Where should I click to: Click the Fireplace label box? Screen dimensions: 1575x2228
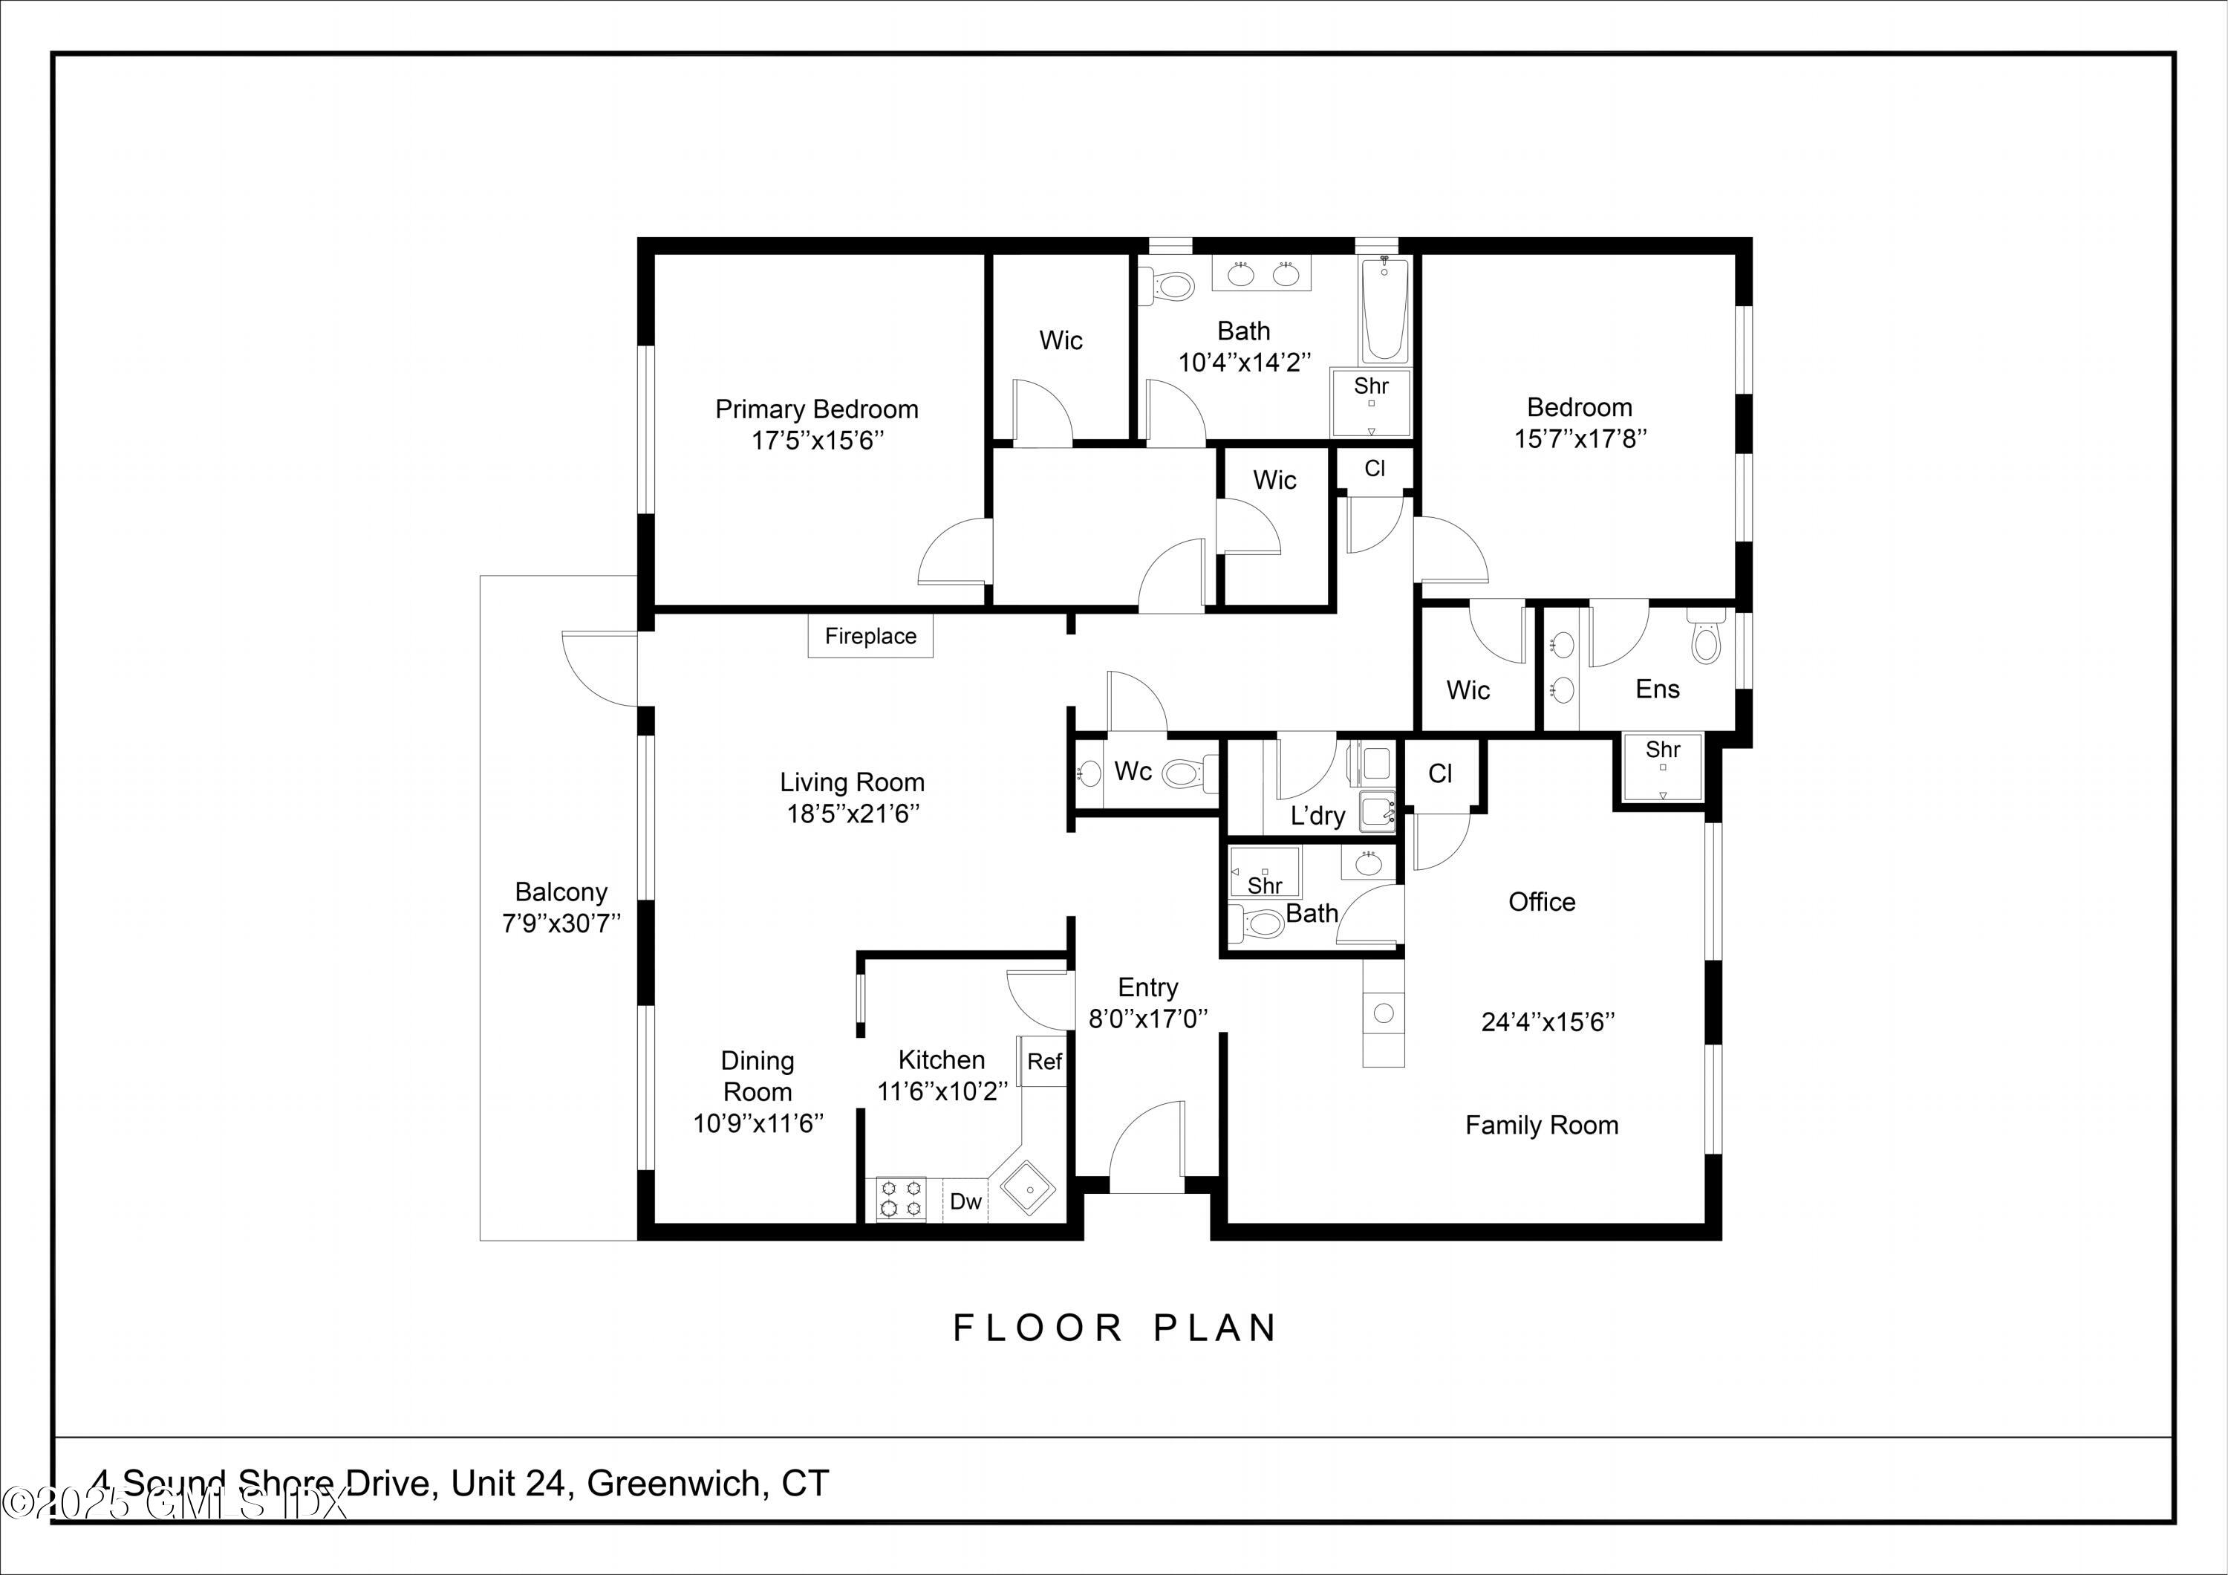[870, 637]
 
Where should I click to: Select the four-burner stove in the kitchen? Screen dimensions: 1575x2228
[901, 1198]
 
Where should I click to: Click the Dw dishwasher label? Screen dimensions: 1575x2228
[965, 1201]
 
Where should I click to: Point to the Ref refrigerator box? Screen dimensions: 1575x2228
[1044, 1062]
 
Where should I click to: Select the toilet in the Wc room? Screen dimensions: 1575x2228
[1188, 773]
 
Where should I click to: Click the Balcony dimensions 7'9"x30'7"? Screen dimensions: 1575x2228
[561, 923]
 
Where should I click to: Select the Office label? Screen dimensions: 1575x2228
[1541, 901]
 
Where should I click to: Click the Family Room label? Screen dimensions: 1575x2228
[1541, 1125]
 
